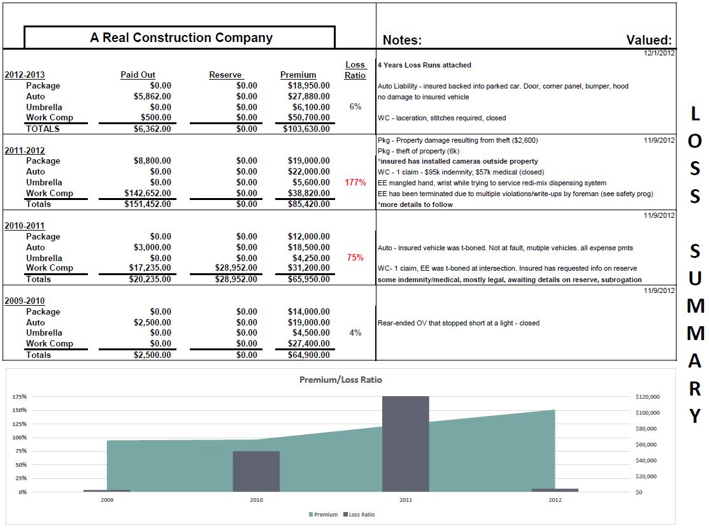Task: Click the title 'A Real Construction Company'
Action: (181, 38)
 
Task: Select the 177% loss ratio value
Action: (355, 183)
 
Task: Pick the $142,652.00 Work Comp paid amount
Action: (148, 193)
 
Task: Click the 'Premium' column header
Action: (298, 75)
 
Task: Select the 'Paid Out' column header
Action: (138, 75)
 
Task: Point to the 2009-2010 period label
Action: (25, 301)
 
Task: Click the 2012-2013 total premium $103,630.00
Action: (306, 129)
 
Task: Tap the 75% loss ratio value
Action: (355, 258)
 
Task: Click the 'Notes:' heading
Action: (402, 40)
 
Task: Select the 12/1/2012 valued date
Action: (659, 53)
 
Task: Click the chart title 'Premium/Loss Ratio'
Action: (341, 380)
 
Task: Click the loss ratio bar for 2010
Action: (256, 471)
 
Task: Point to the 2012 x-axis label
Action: (555, 501)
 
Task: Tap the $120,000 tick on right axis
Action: (647, 397)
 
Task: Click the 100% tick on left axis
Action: (19, 438)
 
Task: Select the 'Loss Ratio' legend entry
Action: (360, 514)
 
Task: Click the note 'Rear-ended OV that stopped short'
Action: (458, 323)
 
